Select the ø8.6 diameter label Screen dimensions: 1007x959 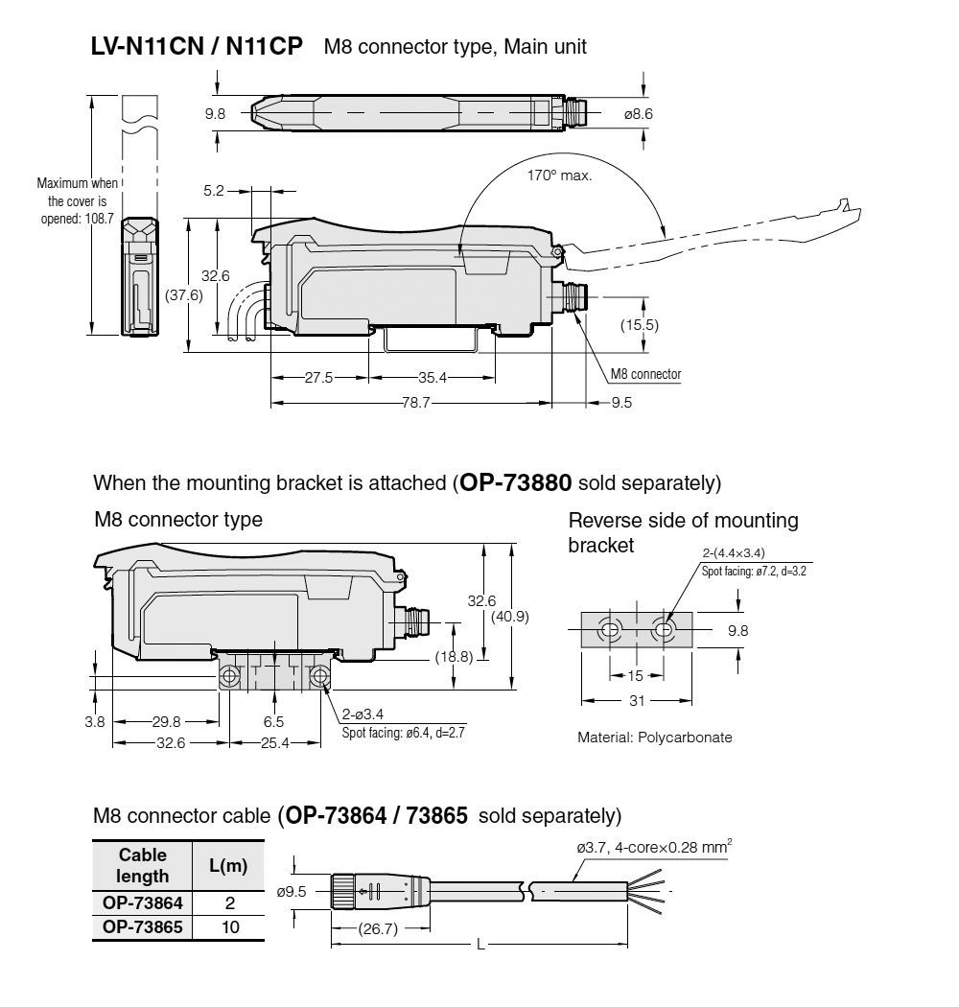point(639,114)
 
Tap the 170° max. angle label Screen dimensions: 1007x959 point(560,176)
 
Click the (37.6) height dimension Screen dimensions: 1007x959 point(182,295)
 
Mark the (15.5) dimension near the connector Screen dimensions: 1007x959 point(639,324)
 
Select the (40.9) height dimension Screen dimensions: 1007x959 point(509,617)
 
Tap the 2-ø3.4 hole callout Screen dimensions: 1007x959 point(364,714)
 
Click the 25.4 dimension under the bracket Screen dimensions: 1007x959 point(273,743)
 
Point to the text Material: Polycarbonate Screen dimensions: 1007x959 point(654,738)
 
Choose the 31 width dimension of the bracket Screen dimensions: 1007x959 point(636,700)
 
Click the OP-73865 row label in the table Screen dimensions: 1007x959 point(143,926)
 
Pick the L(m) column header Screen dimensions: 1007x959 point(228,866)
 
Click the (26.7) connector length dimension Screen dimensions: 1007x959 point(378,928)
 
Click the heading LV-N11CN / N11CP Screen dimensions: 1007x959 point(198,46)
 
